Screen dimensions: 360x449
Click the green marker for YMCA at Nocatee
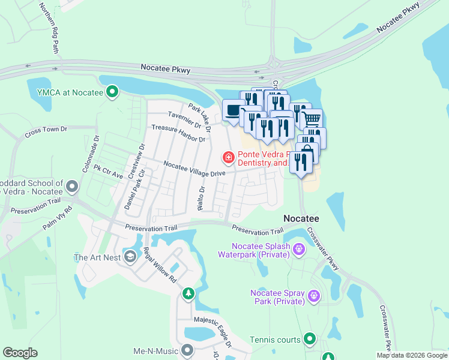click(x=112, y=92)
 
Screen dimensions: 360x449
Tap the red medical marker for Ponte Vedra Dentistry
click(x=228, y=158)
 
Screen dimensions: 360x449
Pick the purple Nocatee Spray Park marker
click(x=313, y=295)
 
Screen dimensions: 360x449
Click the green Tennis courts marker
click(x=310, y=340)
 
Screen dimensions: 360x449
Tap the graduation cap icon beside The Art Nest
click(x=129, y=257)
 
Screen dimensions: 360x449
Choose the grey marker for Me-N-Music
click(x=187, y=349)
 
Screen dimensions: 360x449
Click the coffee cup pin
click(x=232, y=110)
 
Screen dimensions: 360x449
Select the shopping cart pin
click(x=311, y=118)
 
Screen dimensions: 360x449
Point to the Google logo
click(x=20, y=353)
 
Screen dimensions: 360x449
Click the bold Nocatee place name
click(x=301, y=218)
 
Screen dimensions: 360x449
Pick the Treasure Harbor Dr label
click(x=178, y=133)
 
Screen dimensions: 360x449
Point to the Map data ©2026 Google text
click(x=412, y=355)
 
